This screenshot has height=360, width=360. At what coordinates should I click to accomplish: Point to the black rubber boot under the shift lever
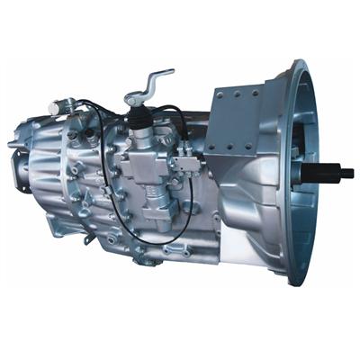pos(139,116)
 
